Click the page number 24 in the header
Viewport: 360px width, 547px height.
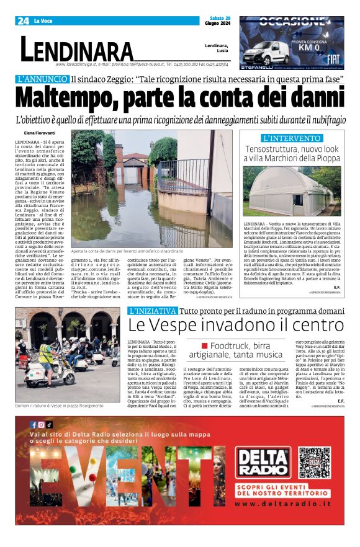pos(24,21)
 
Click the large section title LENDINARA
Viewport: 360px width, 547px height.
pos(77,49)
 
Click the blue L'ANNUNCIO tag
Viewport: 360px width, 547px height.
pos(42,79)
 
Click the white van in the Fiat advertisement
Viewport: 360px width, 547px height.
pos(264,53)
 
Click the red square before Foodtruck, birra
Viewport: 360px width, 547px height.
pos(204,345)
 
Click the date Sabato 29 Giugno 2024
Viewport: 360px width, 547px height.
pos(217,20)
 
